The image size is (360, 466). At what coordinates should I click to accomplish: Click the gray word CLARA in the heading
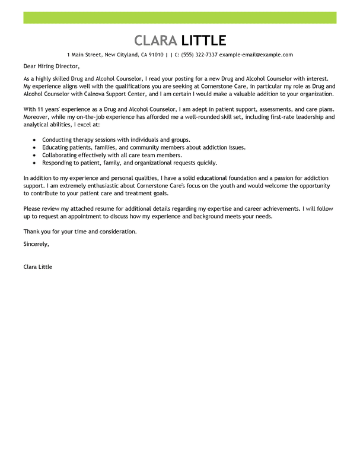[155, 40]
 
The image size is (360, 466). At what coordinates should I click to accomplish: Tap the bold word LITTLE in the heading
[203, 40]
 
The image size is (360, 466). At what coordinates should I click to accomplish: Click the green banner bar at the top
[180, 17]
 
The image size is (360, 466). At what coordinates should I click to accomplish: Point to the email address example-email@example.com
[256, 55]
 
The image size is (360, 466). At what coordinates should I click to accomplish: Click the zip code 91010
[157, 55]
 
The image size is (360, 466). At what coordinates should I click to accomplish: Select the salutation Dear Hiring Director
[51, 66]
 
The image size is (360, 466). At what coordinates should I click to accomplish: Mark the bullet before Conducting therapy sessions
[35, 140]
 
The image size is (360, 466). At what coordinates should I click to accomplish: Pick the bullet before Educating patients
[35, 147]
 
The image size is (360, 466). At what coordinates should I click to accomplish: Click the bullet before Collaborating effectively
[35, 155]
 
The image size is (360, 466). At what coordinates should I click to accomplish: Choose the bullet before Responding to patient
[35, 163]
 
